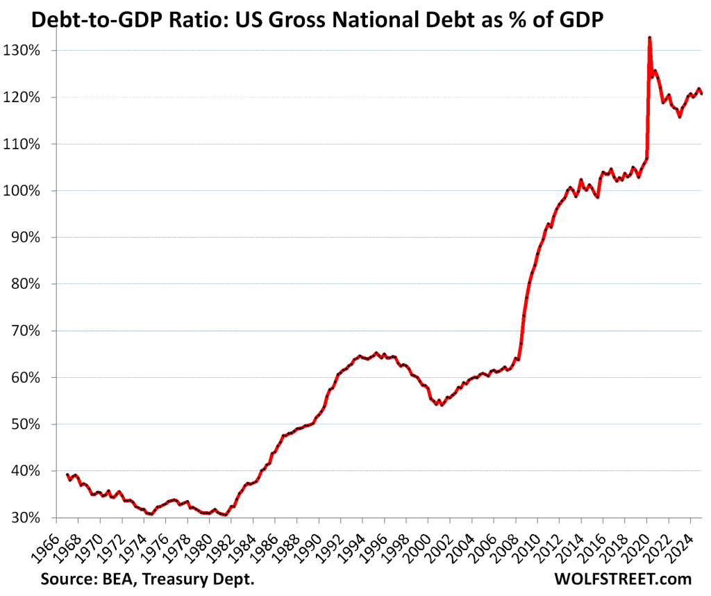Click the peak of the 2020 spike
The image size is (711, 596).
649,38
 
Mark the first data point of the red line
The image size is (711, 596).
67,474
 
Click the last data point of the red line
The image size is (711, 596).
702,93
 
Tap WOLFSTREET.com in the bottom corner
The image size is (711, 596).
623,579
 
